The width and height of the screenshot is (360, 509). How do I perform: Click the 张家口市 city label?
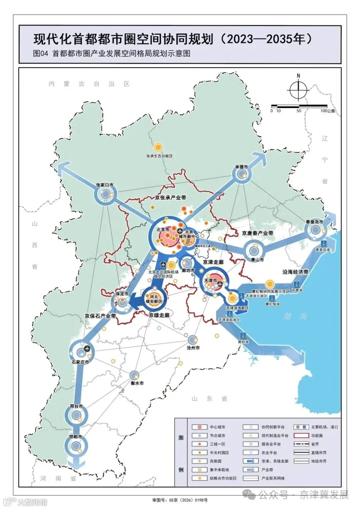(104, 185)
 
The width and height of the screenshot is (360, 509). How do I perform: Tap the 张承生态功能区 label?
(159, 156)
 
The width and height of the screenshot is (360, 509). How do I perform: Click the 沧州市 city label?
(194, 348)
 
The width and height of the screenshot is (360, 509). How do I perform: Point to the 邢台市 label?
(76, 406)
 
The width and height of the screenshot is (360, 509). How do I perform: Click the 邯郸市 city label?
(74, 437)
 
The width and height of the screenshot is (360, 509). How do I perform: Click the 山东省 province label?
(209, 399)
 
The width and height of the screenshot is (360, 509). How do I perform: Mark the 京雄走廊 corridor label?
(159, 315)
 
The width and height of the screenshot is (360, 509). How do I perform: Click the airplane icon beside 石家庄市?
(87, 347)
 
